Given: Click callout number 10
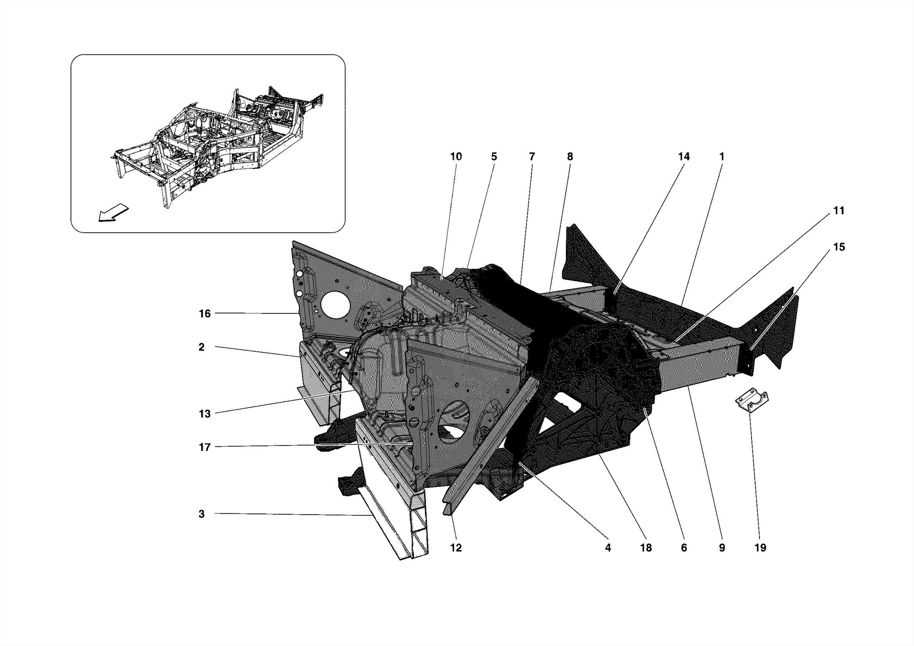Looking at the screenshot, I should coord(456,157).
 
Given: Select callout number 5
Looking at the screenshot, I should coord(494,157).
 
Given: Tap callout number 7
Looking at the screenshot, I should coord(532,157).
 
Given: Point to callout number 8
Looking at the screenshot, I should coord(570,157).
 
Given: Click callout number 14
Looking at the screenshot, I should coord(684,157).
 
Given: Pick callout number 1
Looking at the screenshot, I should coord(722,157).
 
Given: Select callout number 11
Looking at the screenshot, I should coord(839,211).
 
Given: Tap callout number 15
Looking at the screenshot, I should coord(839,247).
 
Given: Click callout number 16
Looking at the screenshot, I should coord(204,314).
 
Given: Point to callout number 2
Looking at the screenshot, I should coord(202,347).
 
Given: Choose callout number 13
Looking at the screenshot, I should coord(204,414).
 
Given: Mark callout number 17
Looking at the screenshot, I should coord(204,447).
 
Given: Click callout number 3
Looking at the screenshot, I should coord(202,514).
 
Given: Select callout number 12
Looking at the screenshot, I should coord(456,548).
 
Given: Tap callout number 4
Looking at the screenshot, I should coord(608,548).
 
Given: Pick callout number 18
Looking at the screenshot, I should coord(646,548).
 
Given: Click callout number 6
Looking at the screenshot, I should coord(684,548).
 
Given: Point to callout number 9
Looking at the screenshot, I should coord(722,548).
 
